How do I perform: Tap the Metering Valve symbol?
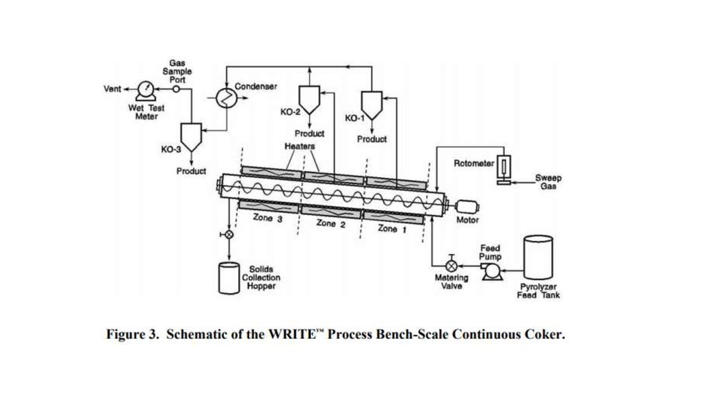(451, 266)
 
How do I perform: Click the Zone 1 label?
(387, 228)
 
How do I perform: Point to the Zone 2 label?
(330, 223)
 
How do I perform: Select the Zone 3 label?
(268, 219)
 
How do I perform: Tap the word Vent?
(112, 89)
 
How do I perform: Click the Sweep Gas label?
(548, 182)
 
